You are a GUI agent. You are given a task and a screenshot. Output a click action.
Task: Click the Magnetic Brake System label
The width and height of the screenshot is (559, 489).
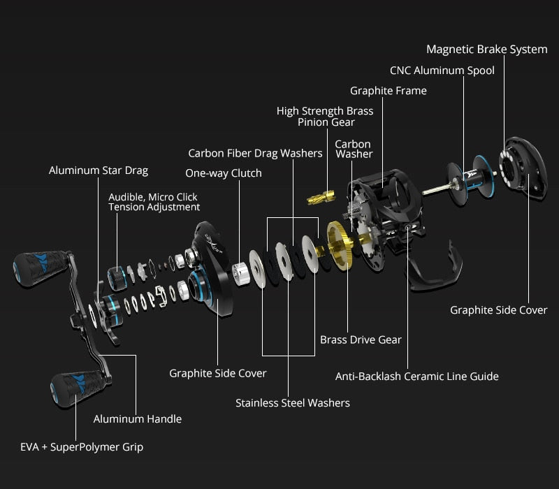click(486, 50)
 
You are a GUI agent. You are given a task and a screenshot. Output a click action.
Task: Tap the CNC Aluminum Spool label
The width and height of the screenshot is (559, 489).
click(442, 71)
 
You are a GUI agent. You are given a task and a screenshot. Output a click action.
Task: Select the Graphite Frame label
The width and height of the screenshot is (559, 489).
click(388, 91)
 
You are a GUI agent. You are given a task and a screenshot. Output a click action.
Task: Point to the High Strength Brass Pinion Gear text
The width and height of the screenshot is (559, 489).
click(325, 117)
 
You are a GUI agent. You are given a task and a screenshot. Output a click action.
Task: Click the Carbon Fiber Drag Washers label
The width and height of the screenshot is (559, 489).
click(255, 153)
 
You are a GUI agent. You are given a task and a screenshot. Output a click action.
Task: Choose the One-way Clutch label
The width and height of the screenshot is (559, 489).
click(224, 173)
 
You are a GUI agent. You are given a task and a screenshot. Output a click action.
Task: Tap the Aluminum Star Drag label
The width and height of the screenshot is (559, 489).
click(99, 170)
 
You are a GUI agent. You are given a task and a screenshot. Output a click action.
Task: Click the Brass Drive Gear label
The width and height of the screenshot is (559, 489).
click(361, 340)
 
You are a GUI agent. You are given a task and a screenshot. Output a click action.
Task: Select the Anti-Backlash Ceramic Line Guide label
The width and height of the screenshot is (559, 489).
click(417, 377)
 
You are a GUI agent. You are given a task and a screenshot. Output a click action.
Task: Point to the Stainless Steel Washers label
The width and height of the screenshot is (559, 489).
click(293, 403)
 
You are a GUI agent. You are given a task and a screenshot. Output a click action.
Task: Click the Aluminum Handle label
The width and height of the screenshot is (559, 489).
click(138, 419)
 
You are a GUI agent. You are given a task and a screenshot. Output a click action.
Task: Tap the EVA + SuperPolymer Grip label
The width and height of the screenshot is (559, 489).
click(82, 446)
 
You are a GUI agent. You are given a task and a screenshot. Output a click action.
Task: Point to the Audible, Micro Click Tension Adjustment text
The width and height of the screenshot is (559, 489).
click(154, 202)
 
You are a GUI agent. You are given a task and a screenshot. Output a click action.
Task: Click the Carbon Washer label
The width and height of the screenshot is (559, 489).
click(354, 149)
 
